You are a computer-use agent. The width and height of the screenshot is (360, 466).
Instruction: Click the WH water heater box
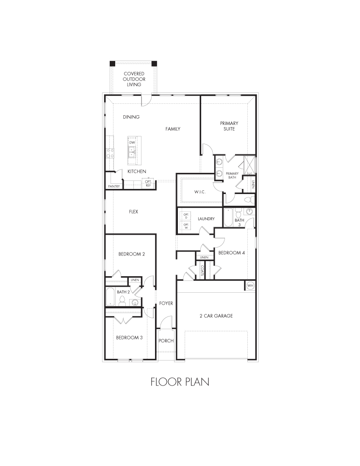tap(250, 286)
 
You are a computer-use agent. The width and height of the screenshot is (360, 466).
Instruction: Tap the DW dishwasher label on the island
tap(132, 143)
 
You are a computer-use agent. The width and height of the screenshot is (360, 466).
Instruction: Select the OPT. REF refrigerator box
tap(148, 183)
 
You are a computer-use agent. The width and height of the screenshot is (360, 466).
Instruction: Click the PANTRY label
tap(114, 186)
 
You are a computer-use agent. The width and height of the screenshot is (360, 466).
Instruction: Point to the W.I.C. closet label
tap(200, 192)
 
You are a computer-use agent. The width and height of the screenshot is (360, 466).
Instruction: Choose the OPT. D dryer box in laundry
tap(186, 216)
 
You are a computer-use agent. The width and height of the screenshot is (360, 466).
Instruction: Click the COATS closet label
tap(202, 270)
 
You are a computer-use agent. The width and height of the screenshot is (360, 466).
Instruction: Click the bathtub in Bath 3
tap(228, 218)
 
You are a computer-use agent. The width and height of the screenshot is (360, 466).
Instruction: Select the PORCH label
tap(166, 341)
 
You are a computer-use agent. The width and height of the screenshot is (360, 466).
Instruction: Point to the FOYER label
tap(166, 303)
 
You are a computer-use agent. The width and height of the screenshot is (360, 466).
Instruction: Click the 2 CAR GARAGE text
tap(216, 316)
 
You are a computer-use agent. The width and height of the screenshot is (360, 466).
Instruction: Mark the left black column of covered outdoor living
tap(112, 64)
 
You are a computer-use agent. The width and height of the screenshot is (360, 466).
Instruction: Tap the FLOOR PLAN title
tap(180, 382)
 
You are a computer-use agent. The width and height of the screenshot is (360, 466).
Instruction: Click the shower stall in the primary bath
tap(249, 165)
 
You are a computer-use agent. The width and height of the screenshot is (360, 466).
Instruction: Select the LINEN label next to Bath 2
tap(135, 280)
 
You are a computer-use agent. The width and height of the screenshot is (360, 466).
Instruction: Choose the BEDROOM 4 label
tap(232, 253)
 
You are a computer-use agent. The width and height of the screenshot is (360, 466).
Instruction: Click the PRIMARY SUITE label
tap(229, 126)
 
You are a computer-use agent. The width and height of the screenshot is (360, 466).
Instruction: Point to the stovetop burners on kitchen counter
tap(110, 153)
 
